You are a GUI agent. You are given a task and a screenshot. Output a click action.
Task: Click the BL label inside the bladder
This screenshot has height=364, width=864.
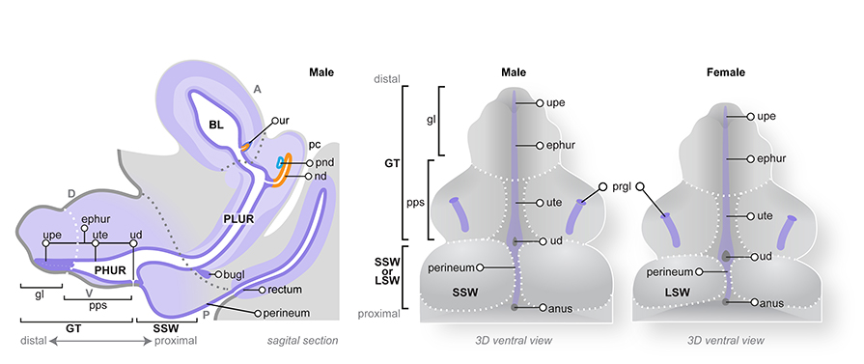click(215, 126)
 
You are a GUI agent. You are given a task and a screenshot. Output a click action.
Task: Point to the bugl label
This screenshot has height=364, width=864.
click(229, 276)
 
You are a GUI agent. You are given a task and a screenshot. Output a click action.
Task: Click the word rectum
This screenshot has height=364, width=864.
click(288, 290)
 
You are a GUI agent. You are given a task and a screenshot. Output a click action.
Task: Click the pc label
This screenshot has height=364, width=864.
click(315, 144)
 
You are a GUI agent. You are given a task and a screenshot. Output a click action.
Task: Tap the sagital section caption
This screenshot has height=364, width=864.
click(302, 340)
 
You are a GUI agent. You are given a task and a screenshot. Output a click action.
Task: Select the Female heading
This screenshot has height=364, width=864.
click(725, 72)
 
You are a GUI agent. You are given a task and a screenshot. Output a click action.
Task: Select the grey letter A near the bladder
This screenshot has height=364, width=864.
click(257, 88)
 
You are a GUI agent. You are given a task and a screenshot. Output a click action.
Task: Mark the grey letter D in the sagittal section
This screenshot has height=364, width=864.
click(70, 193)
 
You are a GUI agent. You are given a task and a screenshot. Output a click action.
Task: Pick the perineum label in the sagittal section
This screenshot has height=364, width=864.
click(291, 313)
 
